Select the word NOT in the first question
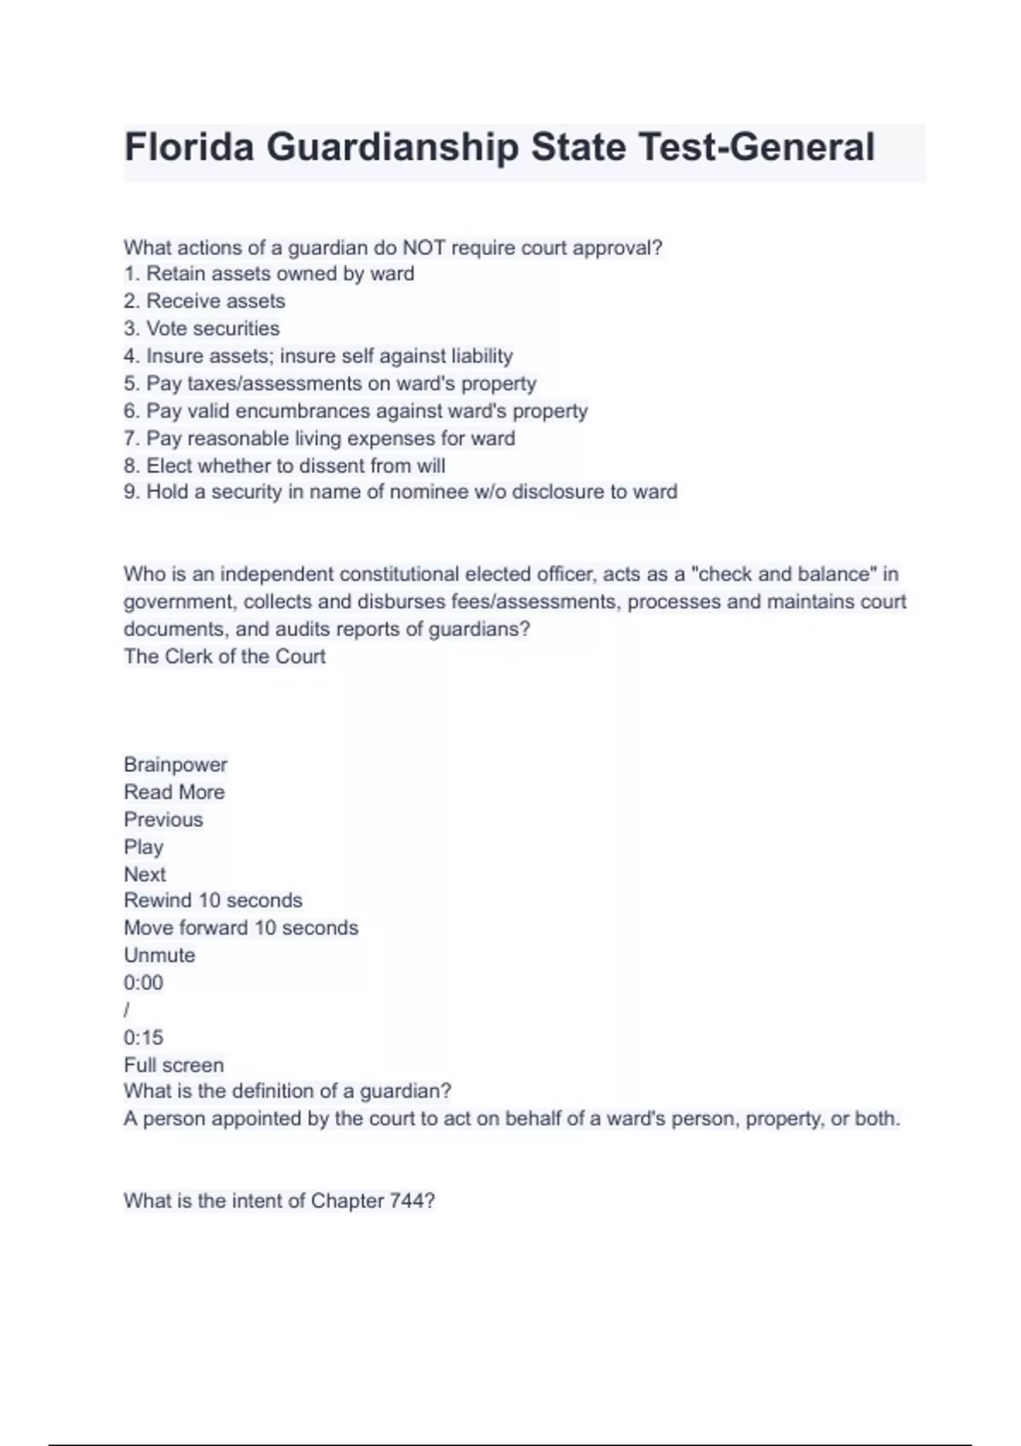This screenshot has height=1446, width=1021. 424,248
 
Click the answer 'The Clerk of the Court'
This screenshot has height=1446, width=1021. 225,656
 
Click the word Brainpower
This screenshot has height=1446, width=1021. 175,765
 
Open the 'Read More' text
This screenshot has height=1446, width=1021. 174,792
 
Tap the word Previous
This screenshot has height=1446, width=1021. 163,819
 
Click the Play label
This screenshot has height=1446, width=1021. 143,846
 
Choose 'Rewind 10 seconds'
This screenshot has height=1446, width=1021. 213,900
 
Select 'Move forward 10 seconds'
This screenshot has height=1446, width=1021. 241,927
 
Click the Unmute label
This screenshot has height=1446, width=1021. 159,955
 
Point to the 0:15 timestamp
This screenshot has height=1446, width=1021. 143,1037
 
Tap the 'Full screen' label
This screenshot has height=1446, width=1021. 174,1065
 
